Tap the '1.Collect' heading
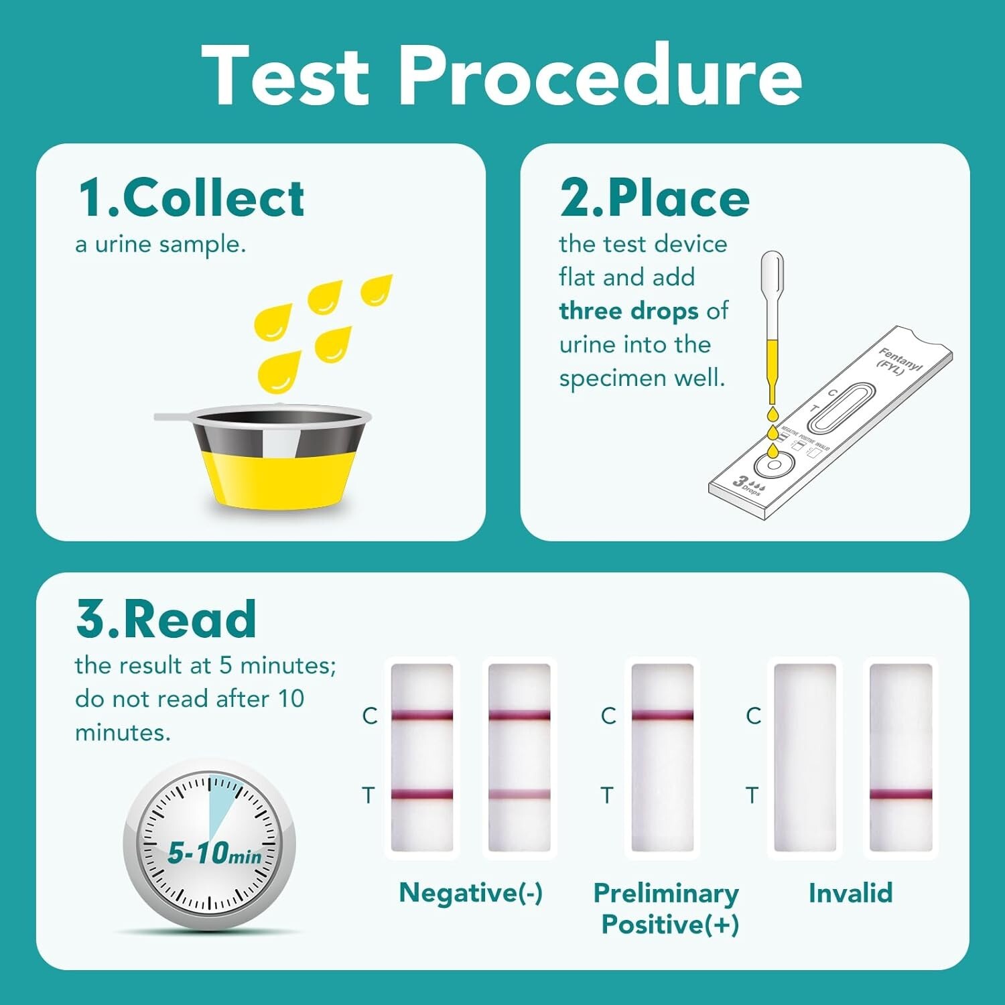[x=192, y=198]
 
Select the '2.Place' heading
[x=655, y=198]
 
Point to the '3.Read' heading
[x=166, y=619]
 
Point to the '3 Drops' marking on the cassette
[x=748, y=483]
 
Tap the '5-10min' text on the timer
[x=214, y=853]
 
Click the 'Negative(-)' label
[x=470, y=892]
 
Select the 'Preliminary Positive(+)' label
[x=667, y=909]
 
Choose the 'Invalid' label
[x=850, y=892]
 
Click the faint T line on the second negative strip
[x=519, y=795]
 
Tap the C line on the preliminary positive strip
[x=662, y=716]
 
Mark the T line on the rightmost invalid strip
[x=900, y=795]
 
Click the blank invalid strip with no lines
[x=805, y=757]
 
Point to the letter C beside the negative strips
[x=370, y=716]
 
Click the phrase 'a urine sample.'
[x=161, y=245]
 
